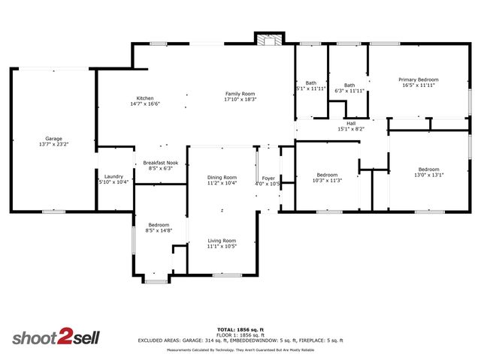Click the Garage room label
53,139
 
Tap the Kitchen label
145,98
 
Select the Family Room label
240,94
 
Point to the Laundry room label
113,175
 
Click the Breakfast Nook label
161,163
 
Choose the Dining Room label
222,177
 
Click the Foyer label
268,178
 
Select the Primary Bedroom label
419,79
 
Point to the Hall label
351,124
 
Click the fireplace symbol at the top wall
268,39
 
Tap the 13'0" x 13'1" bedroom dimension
428,175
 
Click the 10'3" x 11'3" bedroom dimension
327,180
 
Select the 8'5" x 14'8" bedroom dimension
159,230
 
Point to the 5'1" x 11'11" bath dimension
310,88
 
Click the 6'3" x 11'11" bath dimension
349,91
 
